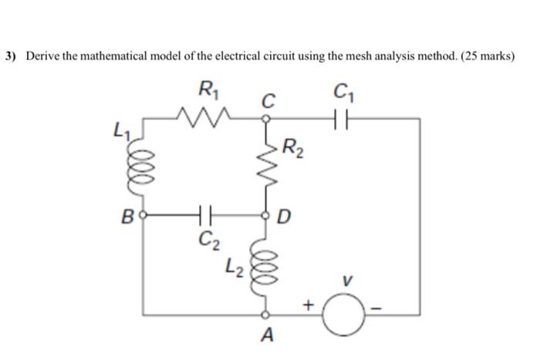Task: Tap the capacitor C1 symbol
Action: pyautogui.click(x=346, y=119)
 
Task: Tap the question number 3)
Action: pyautogui.click(x=11, y=56)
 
